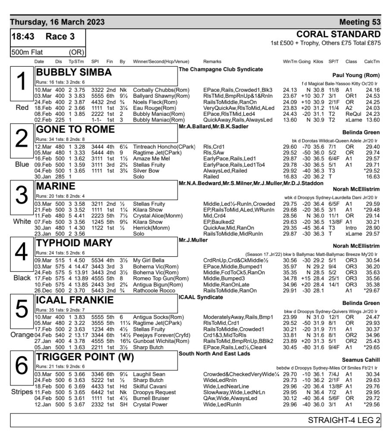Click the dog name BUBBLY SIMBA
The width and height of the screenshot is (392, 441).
click(74, 72)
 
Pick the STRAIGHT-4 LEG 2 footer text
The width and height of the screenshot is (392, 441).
click(344, 420)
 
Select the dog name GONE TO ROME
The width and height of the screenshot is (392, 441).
click(75, 129)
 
